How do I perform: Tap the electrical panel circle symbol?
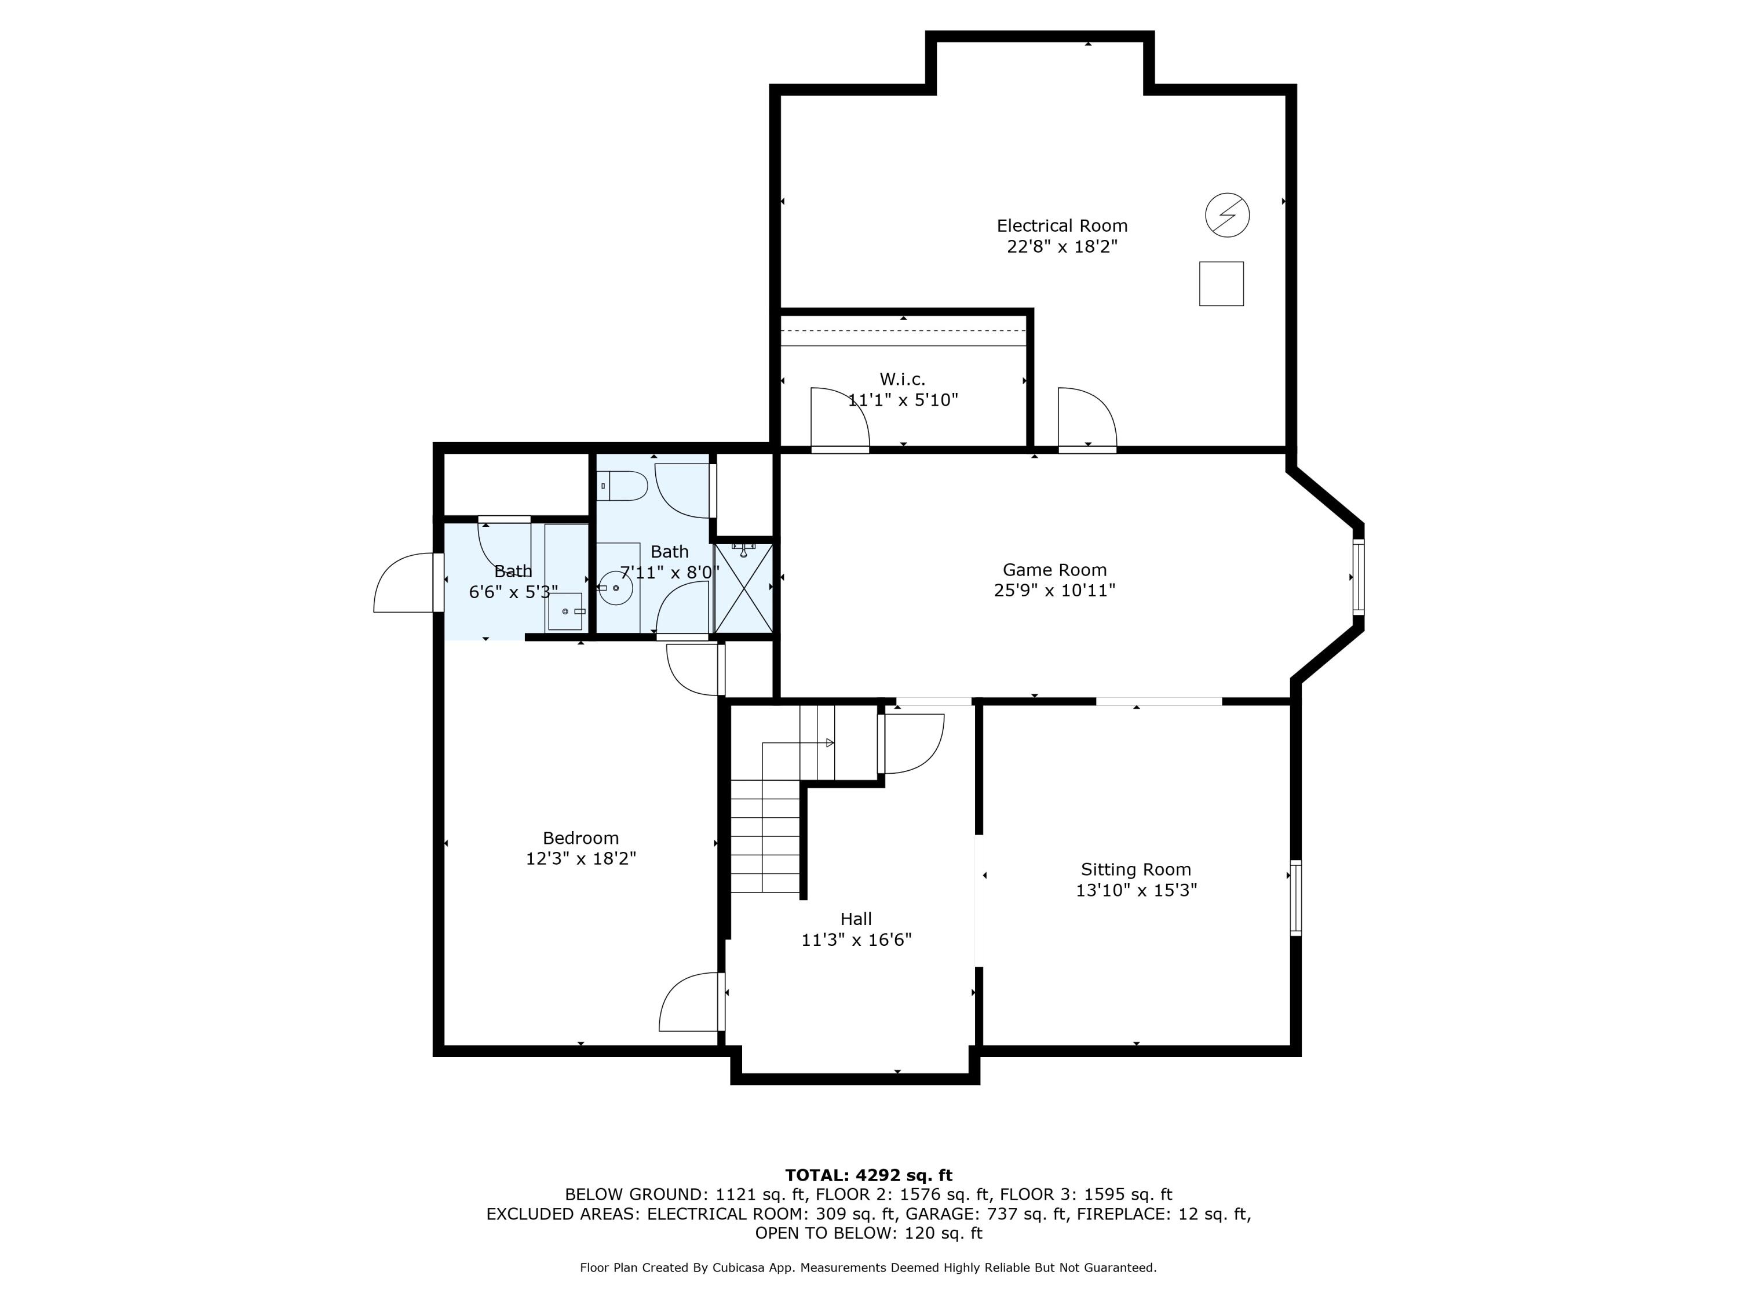pyautogui.click(x=1226, y=214)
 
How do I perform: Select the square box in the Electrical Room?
pyautogui.click(x=1221, y=284)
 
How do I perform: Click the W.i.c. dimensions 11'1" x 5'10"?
pyautogui.click(x=903, y=400)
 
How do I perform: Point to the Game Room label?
pyautogui.click(x=1054, y=570)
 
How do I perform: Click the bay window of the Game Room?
pyautogui.click(x=1358, y=576)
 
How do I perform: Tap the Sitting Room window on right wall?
pyautogui.click(x=1295, y=898)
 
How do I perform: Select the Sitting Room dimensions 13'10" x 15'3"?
pyautogui.click(x=1136, y=890)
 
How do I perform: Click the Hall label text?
pyautogui.click(x=856, y=919)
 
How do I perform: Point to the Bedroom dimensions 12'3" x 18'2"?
pyautogui.click(x=580, y=858)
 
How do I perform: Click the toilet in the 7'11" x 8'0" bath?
pyautogui.click(x=622, y=486)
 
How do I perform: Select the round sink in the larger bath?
pyautogui.click(x=616, y=588)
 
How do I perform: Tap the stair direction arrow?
pyautogui.click(x=830, y=743)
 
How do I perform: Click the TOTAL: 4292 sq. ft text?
pyautogui.click(x=868, y=1175)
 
